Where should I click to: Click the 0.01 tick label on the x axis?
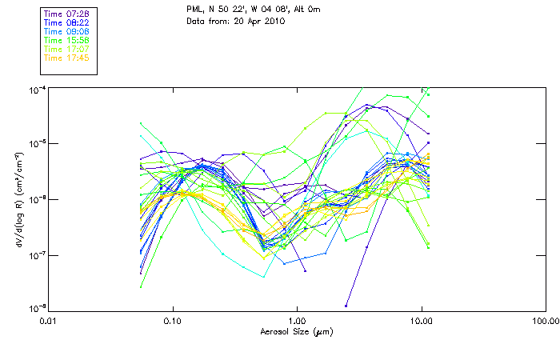pyautogui.click(x=49, y=321)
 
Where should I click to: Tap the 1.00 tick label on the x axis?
pyautogui.click(x=297, y=321)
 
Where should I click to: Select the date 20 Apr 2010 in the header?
pyautogui.click(x=258, y=21)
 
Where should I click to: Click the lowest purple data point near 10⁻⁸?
pyautogui.click(x=346, y=306)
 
